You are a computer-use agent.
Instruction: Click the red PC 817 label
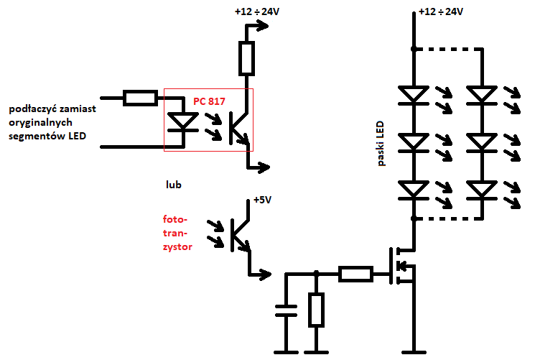209,101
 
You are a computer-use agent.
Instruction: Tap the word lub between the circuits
174,185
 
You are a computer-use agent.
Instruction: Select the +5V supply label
262,200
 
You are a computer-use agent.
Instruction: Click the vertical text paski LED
381,144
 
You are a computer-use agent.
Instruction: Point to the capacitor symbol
287,310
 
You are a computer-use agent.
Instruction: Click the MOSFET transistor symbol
403,266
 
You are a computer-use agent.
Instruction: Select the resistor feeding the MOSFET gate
355,274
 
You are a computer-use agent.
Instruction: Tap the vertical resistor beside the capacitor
316,310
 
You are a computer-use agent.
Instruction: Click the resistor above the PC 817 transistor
246,58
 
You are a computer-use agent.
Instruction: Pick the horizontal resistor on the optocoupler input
140,98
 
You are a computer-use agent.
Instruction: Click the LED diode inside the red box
183,122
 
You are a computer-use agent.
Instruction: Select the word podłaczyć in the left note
33,109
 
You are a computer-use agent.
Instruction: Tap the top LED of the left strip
414,95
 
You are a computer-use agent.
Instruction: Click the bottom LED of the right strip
482,190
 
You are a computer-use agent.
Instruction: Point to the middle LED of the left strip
414,142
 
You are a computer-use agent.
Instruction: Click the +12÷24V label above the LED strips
441,11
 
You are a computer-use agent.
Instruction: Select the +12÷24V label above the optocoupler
257,11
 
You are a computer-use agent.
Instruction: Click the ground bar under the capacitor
287,352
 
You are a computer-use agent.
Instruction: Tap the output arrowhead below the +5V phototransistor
266,274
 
